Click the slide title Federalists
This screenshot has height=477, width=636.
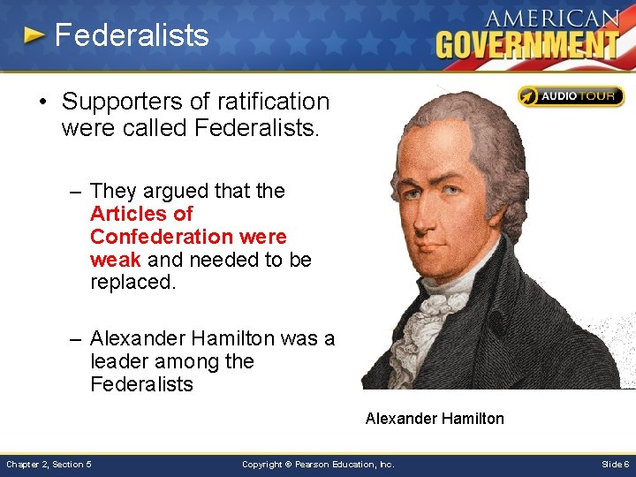click(132, 35)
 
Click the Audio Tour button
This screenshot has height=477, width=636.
click(571, 96)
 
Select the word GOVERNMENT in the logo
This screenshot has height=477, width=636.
click(527, 43)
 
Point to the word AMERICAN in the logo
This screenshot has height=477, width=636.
click(551, 18)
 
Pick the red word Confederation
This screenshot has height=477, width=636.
click(159, 237)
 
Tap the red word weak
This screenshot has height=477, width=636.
click(116, 260)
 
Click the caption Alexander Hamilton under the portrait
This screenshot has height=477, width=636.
click(435, 418)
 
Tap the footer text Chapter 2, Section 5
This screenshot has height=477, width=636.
click(49, 464)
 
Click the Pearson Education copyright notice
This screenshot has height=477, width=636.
click(318, 464)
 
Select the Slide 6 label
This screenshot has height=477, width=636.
click(615, 464)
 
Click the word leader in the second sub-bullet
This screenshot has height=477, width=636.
click(121, 361)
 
